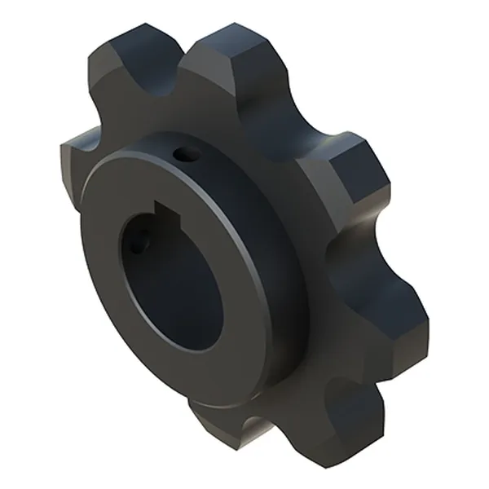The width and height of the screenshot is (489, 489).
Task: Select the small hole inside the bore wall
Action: coord(139,242)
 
